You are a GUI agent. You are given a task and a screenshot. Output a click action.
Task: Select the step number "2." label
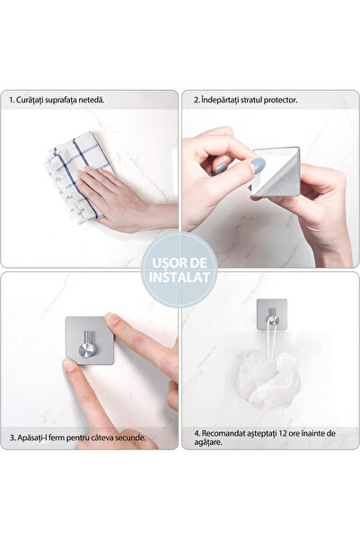[x=197, y=99]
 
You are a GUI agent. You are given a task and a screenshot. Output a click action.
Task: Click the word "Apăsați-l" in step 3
[x=36, y=438]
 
